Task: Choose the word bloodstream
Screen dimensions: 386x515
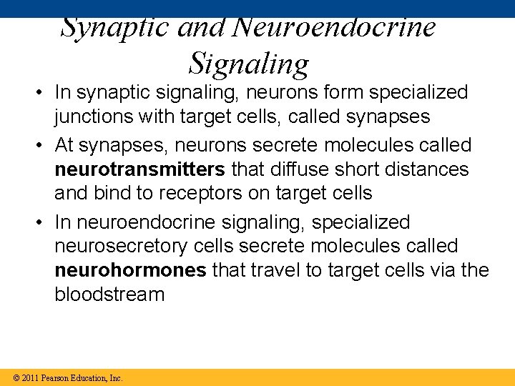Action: (109, 295)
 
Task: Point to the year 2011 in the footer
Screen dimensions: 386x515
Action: (30, 377)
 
